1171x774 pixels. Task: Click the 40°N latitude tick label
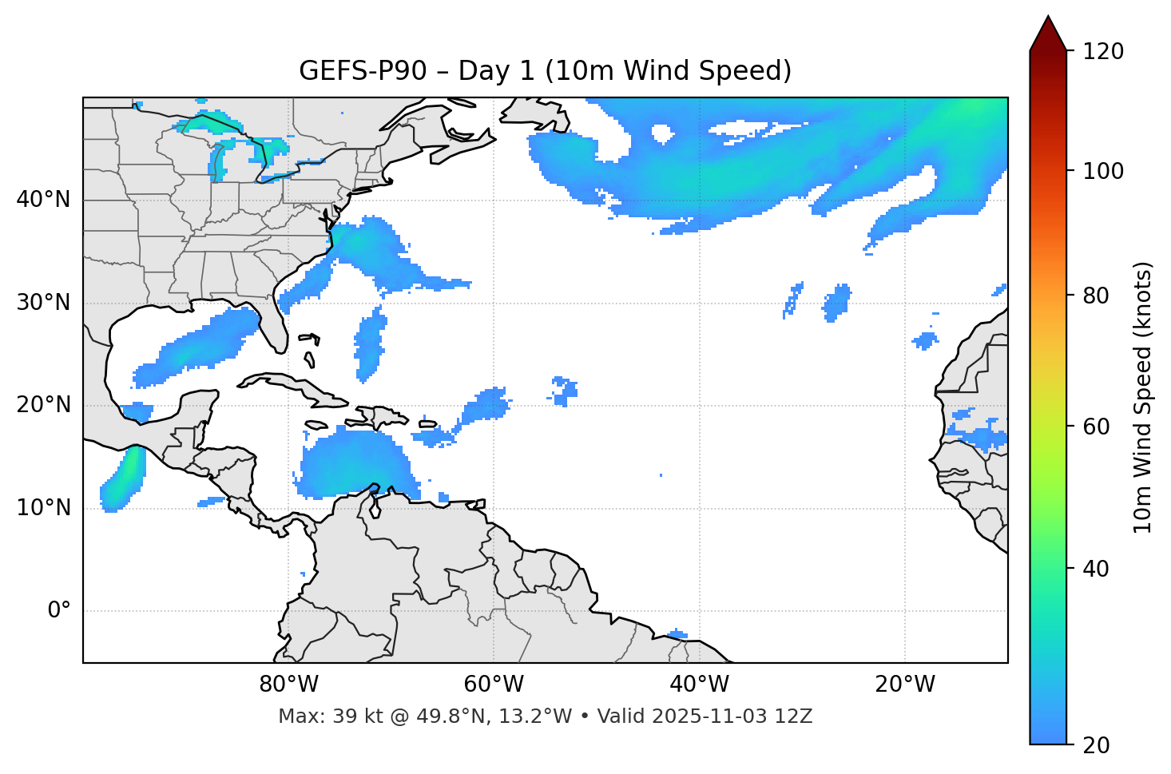[x=43, y=200]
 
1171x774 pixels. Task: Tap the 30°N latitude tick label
[x=43, y=303]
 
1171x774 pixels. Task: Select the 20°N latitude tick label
[x=43, y=405]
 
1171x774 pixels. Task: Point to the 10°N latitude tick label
[x=43, y=508]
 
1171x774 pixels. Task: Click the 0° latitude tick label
[x=59, y=611]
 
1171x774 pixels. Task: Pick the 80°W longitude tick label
[x=289, y=685]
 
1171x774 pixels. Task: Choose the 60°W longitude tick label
[x=494, y=685]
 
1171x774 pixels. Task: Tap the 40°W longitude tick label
[x=700, y=685]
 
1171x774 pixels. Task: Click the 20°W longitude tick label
[x=905, y=685]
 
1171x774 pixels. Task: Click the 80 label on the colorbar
[x=1098, y=296]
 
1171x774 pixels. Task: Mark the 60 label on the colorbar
[x=1098, y=427]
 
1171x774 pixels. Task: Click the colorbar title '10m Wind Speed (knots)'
[x=1144, y=398]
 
